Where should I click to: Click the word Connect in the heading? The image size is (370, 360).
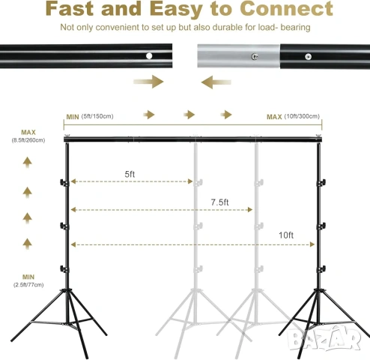[286, 8]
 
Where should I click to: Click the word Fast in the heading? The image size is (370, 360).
[70, 8]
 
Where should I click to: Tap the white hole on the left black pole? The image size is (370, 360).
[149, 55]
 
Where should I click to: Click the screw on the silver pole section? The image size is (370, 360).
[255, 56]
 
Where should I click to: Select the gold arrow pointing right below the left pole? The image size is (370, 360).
[148, 82]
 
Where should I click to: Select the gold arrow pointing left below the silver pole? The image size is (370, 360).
[216, 82]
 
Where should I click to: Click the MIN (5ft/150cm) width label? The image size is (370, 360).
[90, 116]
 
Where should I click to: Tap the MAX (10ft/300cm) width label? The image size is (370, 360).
[293, 116]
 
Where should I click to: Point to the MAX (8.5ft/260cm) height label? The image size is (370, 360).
[28, 136]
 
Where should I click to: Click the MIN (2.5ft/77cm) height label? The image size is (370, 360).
[28, 280]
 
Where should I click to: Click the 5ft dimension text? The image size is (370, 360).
[130, 174]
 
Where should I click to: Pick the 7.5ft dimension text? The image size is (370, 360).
[219, 202]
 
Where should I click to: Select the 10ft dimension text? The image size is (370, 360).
[286, 235]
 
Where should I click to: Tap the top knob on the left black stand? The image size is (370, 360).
[64, 182]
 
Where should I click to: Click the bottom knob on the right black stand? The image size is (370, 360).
[321, 269]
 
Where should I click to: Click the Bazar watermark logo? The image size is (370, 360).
[324, 339]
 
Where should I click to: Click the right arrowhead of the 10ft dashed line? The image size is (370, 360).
[312, 244]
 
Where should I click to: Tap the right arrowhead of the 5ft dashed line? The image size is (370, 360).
[190, 181]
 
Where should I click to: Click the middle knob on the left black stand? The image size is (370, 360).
[64, 226]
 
